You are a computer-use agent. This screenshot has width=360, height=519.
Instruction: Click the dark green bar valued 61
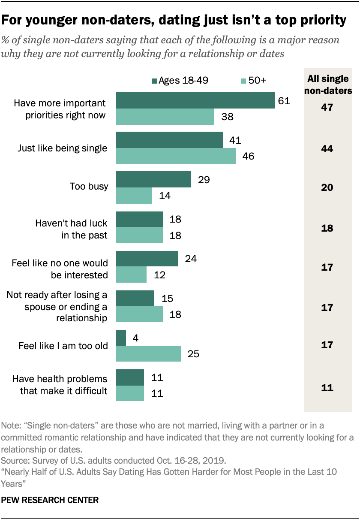tap(195, 100)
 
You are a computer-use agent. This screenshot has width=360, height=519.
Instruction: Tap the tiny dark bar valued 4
tap(121, 338)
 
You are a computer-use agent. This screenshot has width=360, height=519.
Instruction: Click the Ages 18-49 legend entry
tap(180, 81)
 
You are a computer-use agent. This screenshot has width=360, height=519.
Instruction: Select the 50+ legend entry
tap(253, 81)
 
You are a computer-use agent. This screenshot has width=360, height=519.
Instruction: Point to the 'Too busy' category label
tap(89, 187)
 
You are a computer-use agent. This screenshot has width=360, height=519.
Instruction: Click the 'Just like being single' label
tap(62, 148)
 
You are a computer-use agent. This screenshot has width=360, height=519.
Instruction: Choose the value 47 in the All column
tap(327, 108)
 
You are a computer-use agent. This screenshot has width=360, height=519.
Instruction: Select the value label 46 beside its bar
tap(248, 156)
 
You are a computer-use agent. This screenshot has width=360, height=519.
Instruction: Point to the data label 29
tap(203, 179)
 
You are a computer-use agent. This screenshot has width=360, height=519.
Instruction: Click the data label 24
tap(190, 259)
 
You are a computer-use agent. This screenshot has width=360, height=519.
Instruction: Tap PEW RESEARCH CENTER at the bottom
tap(51, 500)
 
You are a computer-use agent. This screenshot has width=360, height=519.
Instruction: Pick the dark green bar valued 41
tap(169, 140)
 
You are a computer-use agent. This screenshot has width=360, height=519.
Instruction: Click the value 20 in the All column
tap(327, 188)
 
